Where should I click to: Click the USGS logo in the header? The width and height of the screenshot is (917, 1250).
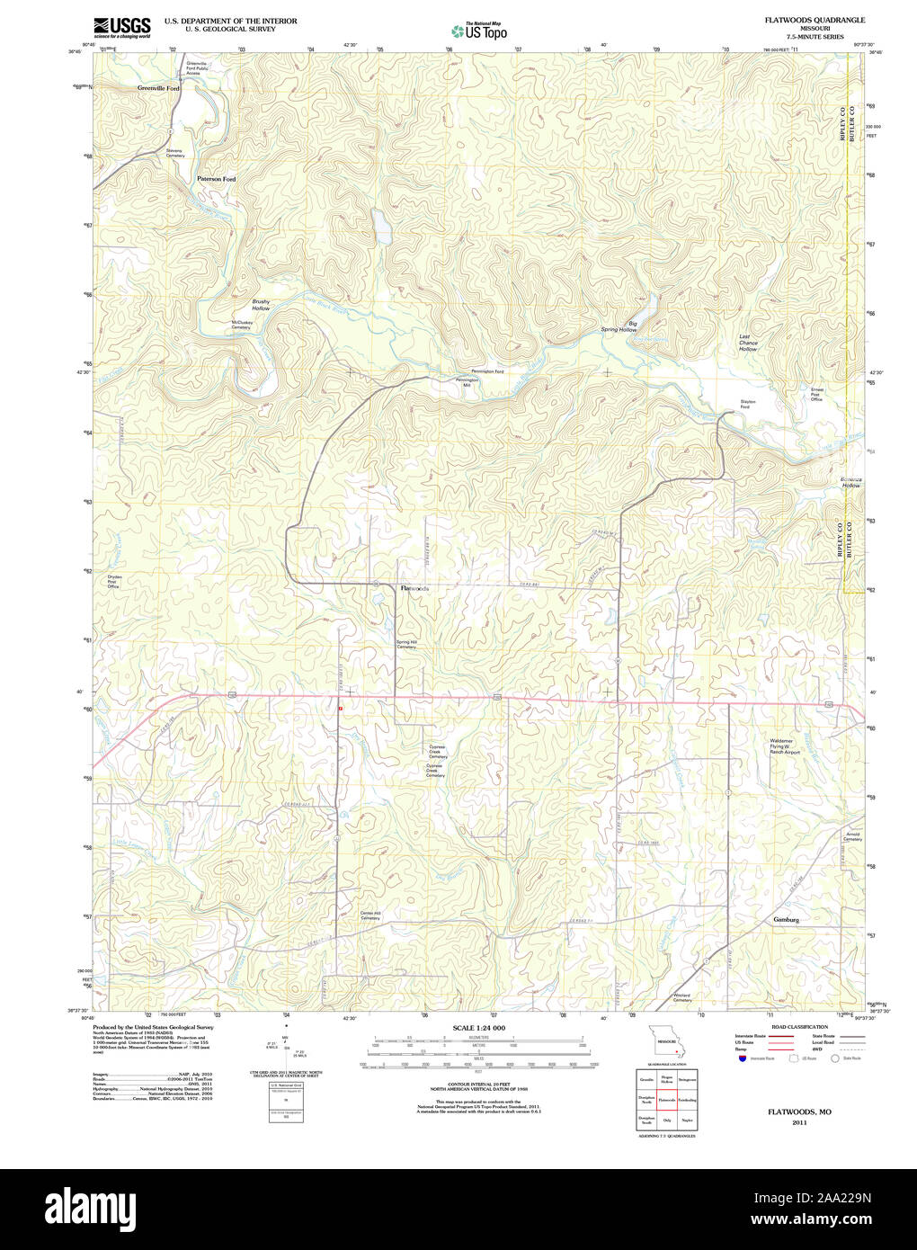click(x=122, y=27)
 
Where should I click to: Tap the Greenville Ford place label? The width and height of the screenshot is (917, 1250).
click(x=158, y=89)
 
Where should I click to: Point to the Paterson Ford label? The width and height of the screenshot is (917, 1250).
click(x=217, y=179)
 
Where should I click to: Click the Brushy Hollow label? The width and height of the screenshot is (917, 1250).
click(x=261, y=306)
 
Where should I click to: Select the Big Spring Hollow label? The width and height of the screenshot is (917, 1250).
click(x=619, y=327)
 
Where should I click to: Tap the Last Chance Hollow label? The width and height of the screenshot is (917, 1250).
click(x=748, y=343)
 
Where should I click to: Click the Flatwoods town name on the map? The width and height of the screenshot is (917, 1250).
click(x=414, y=588)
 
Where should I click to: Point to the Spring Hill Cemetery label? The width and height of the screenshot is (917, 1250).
click(x=406, y=645)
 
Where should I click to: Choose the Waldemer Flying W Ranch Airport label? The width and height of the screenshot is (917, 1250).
click(x=784, y=746)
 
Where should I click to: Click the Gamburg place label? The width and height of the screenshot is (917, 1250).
click(x=786, y=920)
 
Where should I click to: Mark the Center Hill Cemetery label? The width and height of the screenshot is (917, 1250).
click(x=370, y=916)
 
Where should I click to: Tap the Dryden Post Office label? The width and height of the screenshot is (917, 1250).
click(x=114, y=581)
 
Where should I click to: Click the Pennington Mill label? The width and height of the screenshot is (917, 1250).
click(x=467, y=382)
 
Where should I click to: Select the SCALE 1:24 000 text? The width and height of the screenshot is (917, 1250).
click(x=478, y=1028)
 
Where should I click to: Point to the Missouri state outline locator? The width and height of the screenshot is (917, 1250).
click(x=666, y=1047)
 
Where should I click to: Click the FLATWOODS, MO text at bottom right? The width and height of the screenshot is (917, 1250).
click(x=799, y=1112)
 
